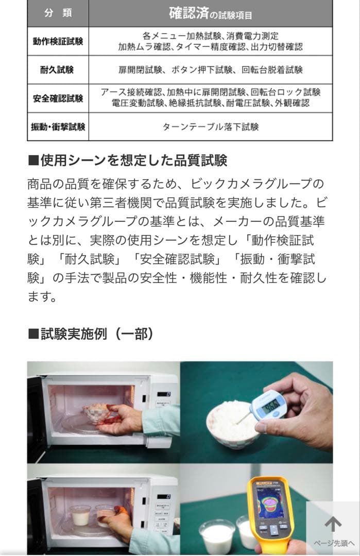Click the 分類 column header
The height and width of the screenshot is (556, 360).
tap(58, 13)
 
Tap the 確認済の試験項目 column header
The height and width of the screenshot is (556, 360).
tap(210, 14)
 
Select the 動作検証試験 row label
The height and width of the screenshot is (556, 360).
tap(58, 42)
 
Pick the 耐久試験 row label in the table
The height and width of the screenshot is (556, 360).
tap(58, 70)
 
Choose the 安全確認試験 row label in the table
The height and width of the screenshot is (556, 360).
tap(58, 98)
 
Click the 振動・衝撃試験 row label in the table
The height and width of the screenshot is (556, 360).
tap(58, 127)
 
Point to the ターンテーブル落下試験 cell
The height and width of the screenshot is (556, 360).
tap(210, 127)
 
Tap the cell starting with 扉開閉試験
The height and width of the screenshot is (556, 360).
tap(210, 70)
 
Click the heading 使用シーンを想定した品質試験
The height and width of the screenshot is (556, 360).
tap(127, 160)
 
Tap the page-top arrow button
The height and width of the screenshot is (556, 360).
tap(333, 524)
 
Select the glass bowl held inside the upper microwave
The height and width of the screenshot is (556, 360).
tap(97, 413)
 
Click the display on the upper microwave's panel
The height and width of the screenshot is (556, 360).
tap(164, 394)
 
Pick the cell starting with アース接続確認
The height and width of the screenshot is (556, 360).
tap(210, 98)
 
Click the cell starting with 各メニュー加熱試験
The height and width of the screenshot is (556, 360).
tap(210, 42)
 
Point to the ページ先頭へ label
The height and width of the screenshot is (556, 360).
tap(334, 544)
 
